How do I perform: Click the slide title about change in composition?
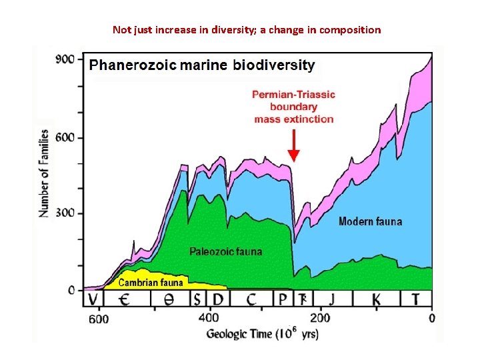247,30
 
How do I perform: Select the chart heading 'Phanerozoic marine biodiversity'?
202,65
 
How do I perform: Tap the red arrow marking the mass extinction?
293,146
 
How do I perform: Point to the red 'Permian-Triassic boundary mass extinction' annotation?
293,107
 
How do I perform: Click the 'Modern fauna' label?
370,221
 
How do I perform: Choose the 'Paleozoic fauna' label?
226,251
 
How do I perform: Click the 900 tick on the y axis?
65,60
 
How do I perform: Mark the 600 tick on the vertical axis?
65,137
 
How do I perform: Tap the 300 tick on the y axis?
65,214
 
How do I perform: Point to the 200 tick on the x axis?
321,318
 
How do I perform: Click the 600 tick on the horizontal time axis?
99,319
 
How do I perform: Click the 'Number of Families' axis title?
45,173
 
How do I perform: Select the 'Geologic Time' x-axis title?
262,333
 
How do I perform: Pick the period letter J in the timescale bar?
332,299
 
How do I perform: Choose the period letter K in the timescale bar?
376,299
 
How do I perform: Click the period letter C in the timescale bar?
251,299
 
